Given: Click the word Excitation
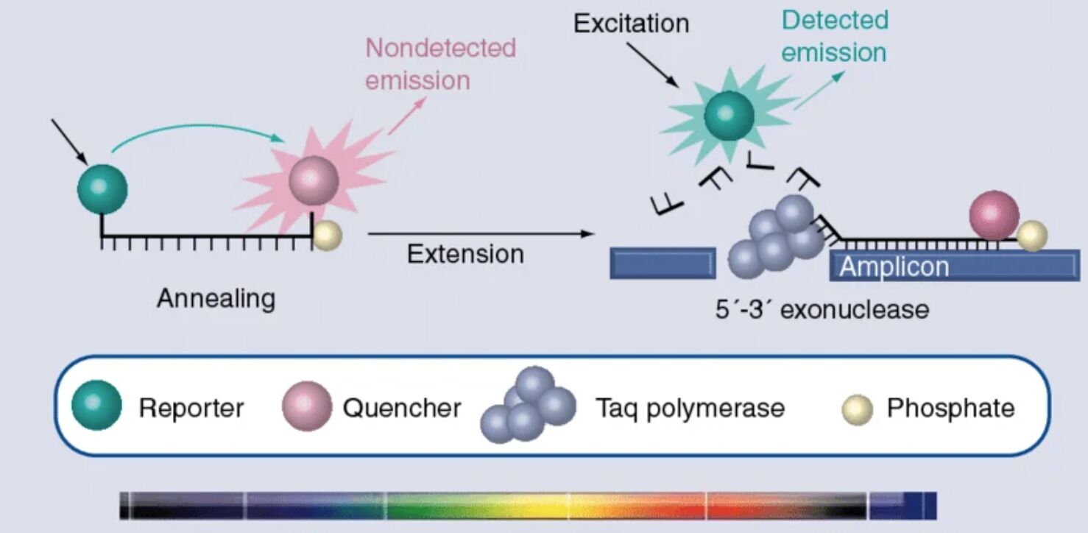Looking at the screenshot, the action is coord(631,24).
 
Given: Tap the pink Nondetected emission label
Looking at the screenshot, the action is coord(440,63).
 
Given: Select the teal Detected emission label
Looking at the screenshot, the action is coord(835,36).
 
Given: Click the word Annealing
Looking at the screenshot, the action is coord(216,298).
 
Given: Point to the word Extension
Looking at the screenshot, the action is coord(465,254).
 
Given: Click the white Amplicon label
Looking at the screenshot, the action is coord(894,266).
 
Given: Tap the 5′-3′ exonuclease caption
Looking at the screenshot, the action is coord(822,309).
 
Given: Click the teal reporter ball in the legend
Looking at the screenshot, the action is coord(96,405).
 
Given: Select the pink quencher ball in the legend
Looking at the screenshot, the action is coord(307,406).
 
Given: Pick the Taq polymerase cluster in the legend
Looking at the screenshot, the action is coord(529,405).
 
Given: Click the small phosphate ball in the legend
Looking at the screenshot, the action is coord(858,410).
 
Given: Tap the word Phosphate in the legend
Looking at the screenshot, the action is coord(950,408).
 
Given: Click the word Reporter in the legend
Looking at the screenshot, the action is coord(191,408).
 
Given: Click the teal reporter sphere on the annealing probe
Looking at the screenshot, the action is coord(102,189).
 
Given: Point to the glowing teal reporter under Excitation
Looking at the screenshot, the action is coord(729,116).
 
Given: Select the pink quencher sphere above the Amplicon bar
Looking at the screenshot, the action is coord(995,215).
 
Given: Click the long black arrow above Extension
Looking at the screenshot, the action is coord(481,233).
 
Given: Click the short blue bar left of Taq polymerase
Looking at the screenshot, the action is coord(663,264).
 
